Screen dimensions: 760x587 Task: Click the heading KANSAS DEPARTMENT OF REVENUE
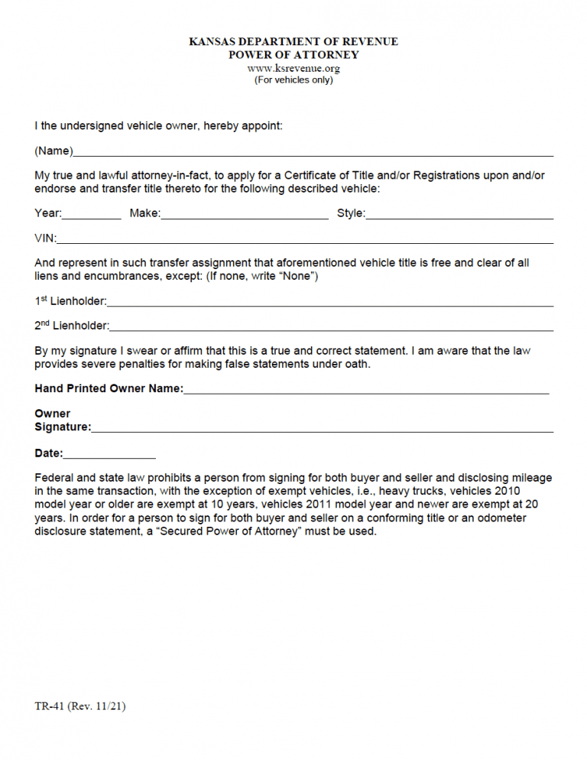(293, 41)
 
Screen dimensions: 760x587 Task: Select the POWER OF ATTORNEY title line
(293, 55)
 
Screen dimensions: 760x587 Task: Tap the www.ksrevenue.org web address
(293, 68)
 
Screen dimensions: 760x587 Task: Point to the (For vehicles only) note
(293, 80)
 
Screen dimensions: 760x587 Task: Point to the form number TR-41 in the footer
(50, 706)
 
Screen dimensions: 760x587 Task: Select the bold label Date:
(49, 453)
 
